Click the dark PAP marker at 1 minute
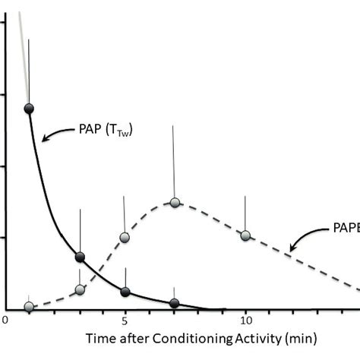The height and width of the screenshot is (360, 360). tap(29, 108)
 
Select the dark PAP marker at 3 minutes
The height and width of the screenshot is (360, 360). tap(80, 257)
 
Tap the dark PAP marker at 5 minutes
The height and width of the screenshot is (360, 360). tap(125, 292)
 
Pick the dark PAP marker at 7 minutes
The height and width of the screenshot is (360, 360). tap(175, 303)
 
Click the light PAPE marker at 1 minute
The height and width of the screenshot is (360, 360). tap(29, 307)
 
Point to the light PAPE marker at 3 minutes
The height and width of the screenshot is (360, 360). tap(81, 289)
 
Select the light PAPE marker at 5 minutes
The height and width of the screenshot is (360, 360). tap(125, 237)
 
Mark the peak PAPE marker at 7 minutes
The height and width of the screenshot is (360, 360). tap(175, 203)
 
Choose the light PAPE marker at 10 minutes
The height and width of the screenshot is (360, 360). tap(245, 235)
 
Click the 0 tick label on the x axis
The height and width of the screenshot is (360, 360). tap(5, 321)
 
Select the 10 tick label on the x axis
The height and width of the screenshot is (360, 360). tap(245, 321)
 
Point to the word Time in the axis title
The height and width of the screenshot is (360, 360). tap(100, 339)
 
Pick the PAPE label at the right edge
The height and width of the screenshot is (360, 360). tap(346, 228)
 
